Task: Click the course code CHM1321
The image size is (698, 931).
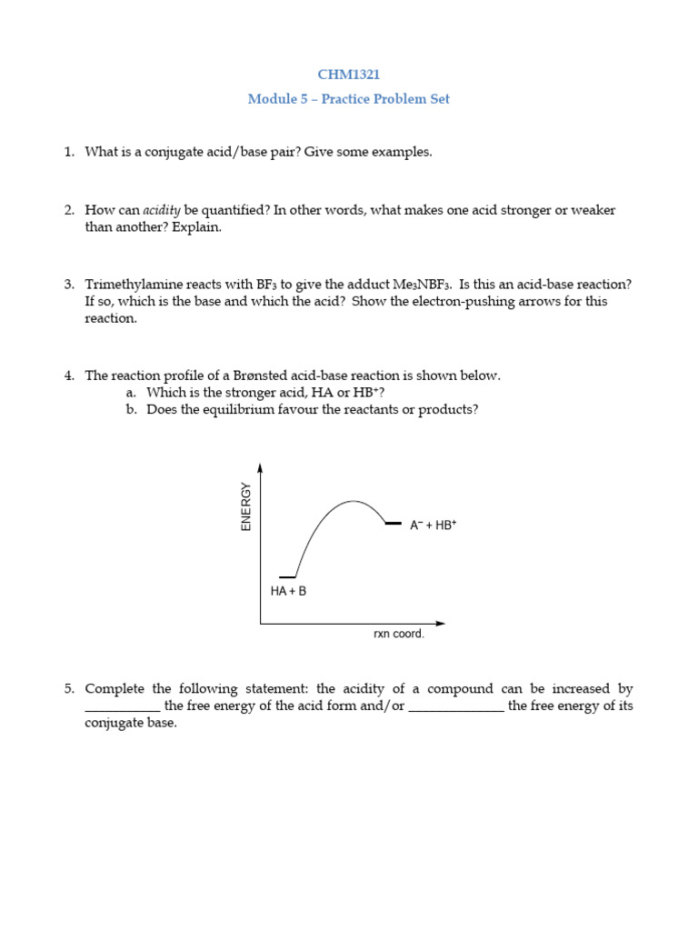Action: [x=349, y=75]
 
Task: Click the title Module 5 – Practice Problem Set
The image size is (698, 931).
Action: [x=349, y=99]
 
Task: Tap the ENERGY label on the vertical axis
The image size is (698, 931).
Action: [x=245, y=506]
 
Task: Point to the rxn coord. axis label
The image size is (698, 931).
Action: [x=399, y=634]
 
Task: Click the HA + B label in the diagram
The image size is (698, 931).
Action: [x=288, y=591]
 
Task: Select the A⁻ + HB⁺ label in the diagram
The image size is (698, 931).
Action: [x=433, y=526]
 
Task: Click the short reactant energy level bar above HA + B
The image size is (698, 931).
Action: [x=287, y=577]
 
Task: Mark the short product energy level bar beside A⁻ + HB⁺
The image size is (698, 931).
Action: [x=393, y=524]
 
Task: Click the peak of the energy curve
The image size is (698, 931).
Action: [x=354, y=501]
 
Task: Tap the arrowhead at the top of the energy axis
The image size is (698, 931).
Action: [x=261, y=468]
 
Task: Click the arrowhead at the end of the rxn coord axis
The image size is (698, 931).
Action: [x=441, y=624]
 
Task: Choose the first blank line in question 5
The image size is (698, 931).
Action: [x=123, y=707]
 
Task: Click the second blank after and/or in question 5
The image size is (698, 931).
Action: [x=456, y=707]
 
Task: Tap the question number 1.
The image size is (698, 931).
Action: [x=69, y=152]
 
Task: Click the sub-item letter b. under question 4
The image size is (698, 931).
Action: [x=131, y=410]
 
